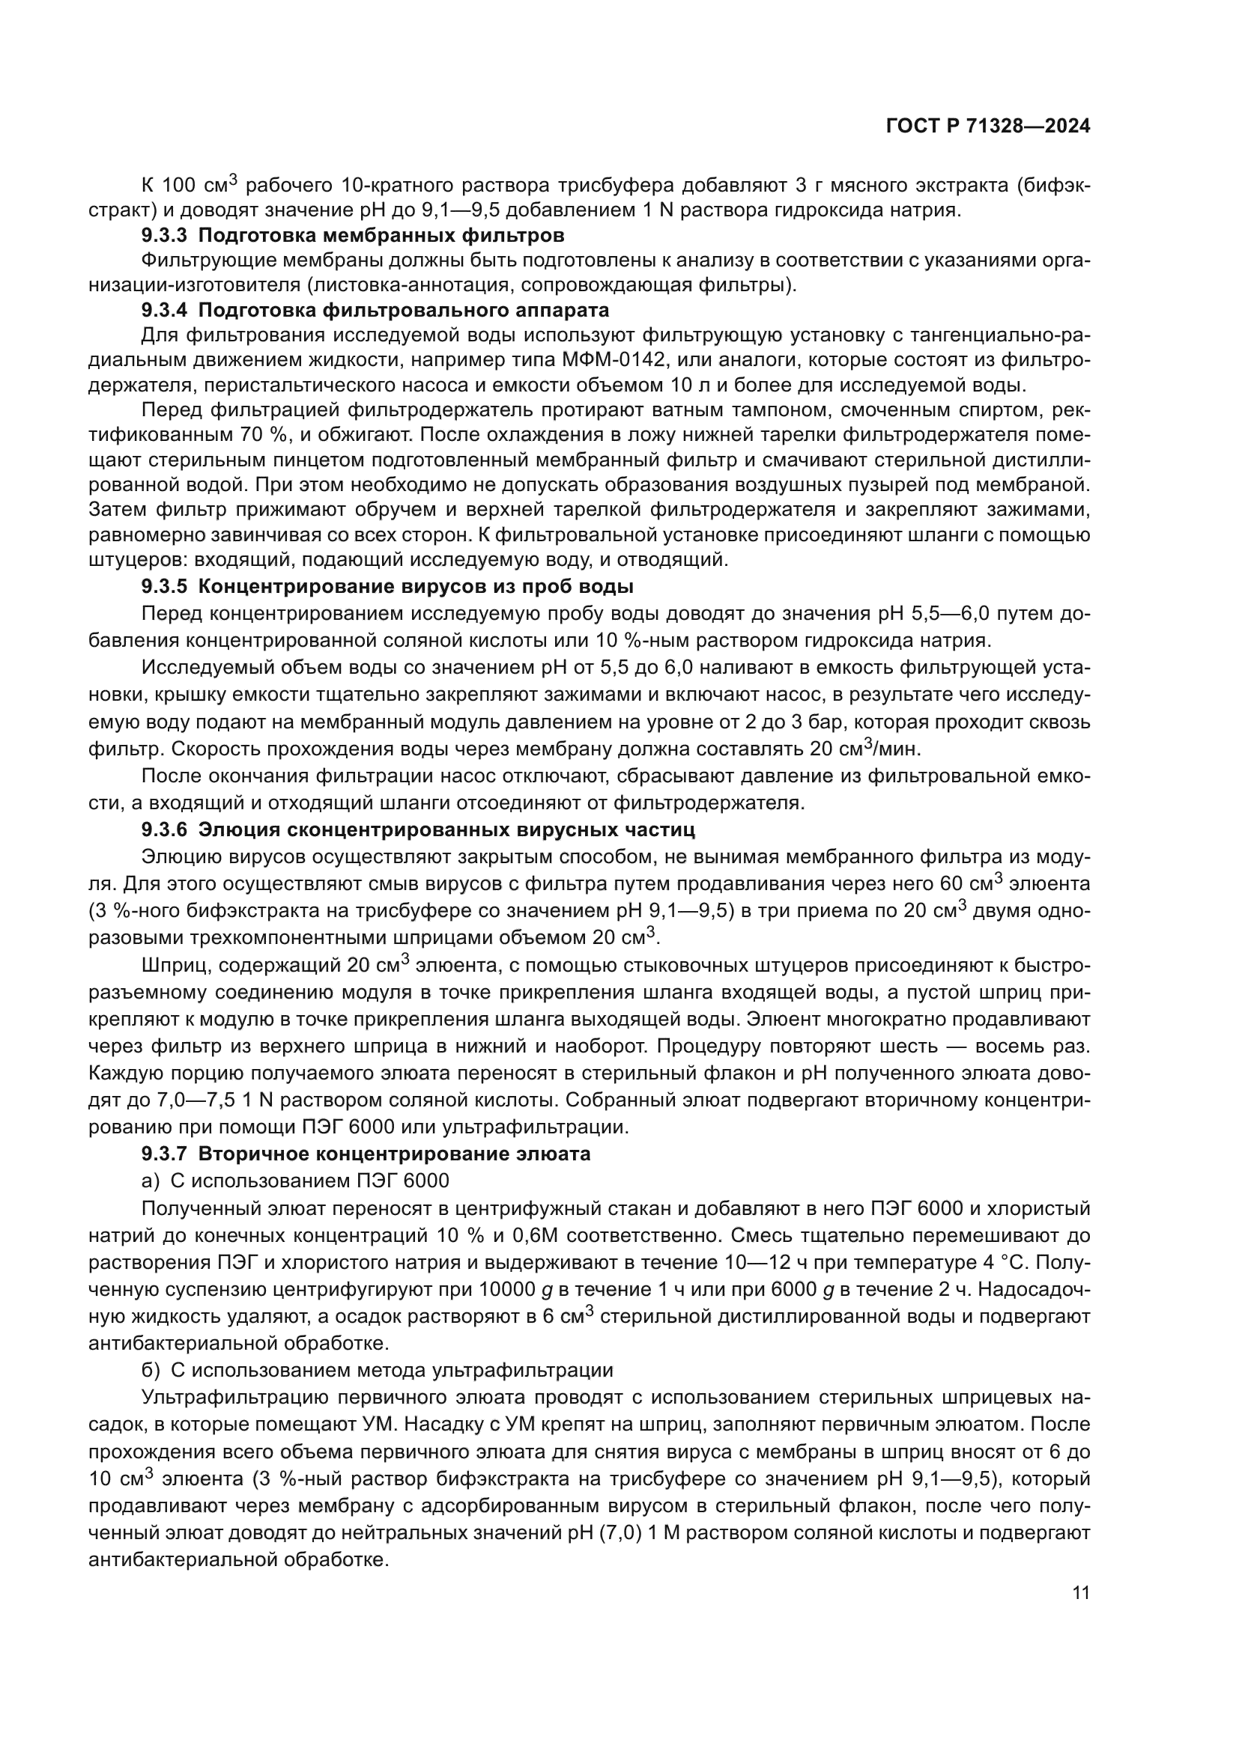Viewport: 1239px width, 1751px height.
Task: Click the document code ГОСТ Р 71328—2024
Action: (x=987, y=127)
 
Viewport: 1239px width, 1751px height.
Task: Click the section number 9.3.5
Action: (x=166, y=586)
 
